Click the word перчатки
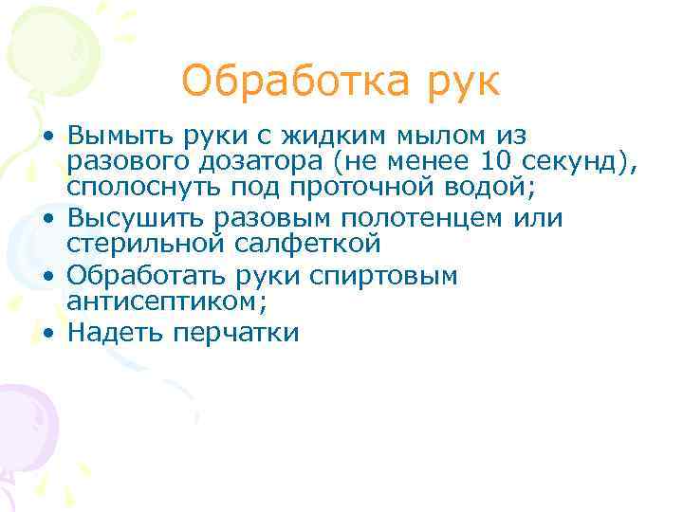pyautogui.click(x=244, y=334)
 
